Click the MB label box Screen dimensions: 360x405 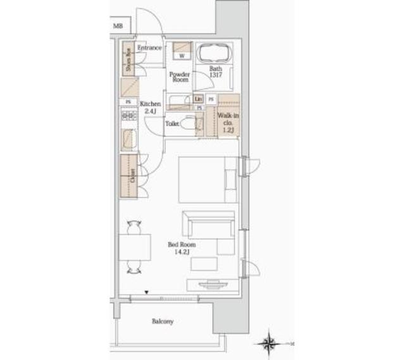point(118,26)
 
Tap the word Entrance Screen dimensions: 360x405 point(151,48)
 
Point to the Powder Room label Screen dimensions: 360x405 point(179,77)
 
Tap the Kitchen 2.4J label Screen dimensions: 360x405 point(151,107)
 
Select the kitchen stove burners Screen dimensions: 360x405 point(128,116)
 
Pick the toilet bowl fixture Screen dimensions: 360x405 point(188,124)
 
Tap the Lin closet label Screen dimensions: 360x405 point(198,99)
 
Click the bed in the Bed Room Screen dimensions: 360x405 point(208,178)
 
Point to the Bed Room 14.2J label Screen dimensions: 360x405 point(182,248)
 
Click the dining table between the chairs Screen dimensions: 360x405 point(135,247)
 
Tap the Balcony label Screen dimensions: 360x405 point(163,321)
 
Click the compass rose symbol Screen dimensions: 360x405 point(270,343)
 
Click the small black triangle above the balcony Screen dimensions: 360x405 point(147,292)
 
